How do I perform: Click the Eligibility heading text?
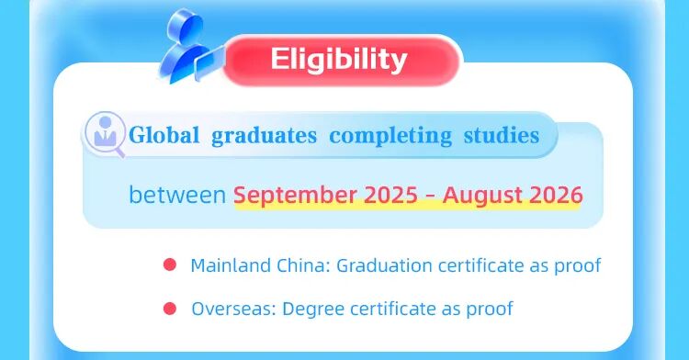339,60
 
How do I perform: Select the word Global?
164,136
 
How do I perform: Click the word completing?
390,136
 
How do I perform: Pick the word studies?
502,136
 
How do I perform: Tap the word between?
176,195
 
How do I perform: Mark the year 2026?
555,195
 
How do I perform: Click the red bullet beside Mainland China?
169,265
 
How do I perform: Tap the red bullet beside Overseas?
169,309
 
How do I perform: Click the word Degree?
310,309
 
